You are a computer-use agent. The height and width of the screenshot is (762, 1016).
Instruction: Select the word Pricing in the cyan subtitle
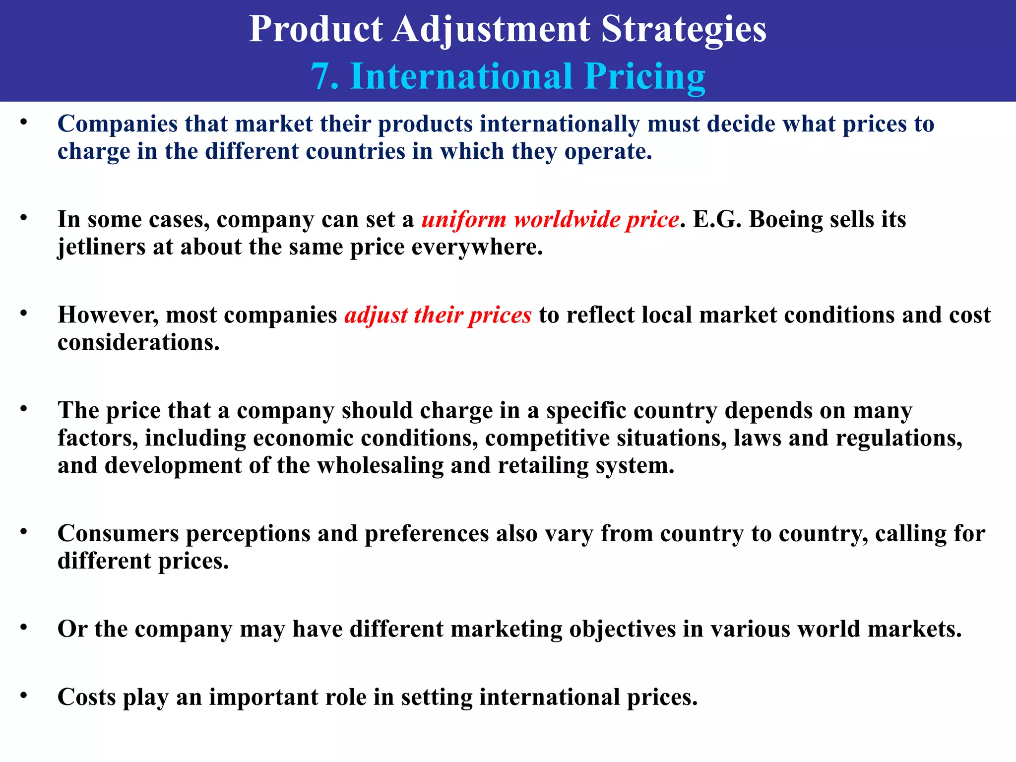645,77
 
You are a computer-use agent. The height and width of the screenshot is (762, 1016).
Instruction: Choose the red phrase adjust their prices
438,316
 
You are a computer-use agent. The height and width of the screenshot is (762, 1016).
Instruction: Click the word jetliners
101,247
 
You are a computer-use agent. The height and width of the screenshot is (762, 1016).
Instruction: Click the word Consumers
118,534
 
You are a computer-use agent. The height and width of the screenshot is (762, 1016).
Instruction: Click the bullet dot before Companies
23,122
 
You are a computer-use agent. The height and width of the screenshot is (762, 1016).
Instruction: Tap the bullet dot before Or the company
23,627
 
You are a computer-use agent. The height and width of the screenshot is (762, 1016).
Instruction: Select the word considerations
138,343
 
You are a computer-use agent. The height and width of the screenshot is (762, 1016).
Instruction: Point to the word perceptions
248,534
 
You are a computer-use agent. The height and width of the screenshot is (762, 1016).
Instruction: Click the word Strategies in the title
683,29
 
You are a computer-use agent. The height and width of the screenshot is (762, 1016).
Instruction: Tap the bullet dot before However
23,314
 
